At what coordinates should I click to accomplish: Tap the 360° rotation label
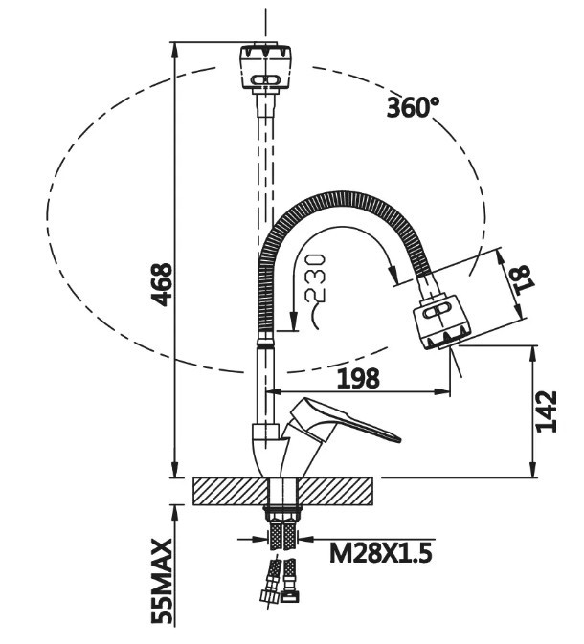pyautogui.click(x=413, y=107)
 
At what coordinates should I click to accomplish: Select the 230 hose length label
pyautogui.click(x=316, y=278)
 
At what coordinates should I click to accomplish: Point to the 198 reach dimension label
pyautogui.click(x=358, y=378)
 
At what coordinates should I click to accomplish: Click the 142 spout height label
pyautogui.click(x=547, y=411)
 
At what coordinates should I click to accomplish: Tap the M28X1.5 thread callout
pyautogui.click(x=381, y=553)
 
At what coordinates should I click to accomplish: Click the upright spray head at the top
pyautogui.click(x=265, y=67)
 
